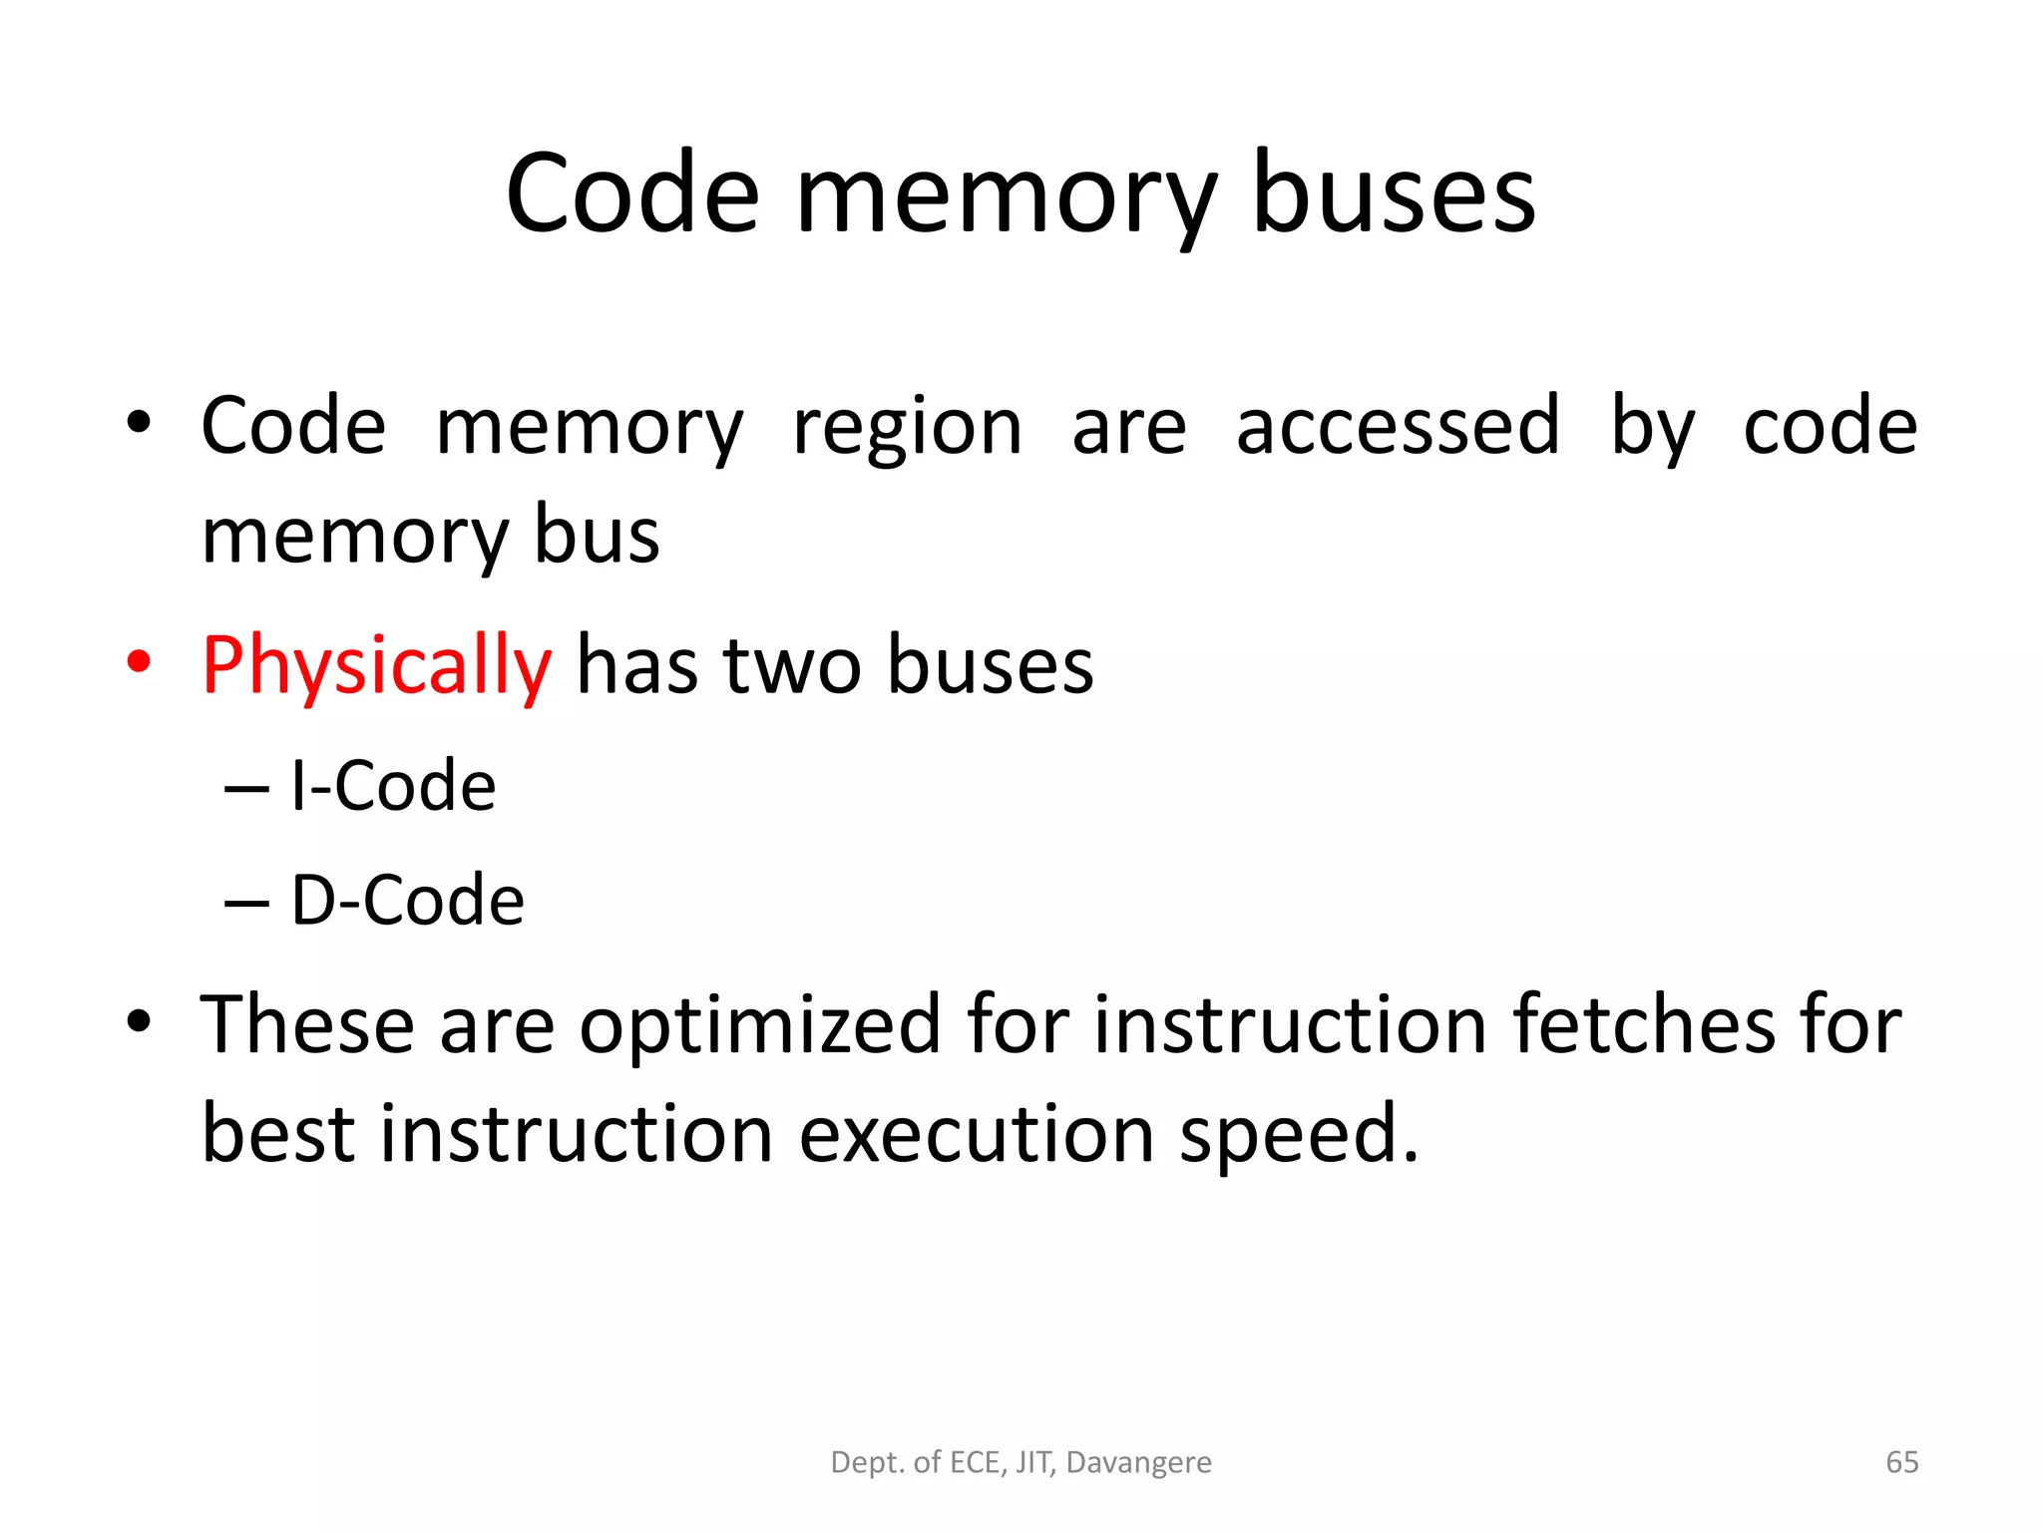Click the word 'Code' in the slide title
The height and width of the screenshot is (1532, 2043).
[x=632, y=193]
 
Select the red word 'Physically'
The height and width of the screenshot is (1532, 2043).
[x=376, y=666]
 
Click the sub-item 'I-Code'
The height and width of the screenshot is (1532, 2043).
[x=393, y=786]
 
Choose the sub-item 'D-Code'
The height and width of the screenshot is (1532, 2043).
[x=407, y=900]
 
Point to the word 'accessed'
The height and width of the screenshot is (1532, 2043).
[x=1398, y=427]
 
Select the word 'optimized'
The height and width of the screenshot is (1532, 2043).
[x=760, y=1026]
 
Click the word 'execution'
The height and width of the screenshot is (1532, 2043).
[x=977, y=1135]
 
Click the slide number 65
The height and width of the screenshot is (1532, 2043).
[x=1901, y=1462]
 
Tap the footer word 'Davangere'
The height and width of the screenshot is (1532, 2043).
[x=1138, y=1462]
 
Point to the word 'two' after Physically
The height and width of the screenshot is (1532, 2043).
[x=792, y=666]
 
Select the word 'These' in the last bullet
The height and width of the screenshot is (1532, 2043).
[x=307, y=1024]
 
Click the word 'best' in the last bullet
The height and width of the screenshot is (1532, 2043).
[x=278, y=1134]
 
